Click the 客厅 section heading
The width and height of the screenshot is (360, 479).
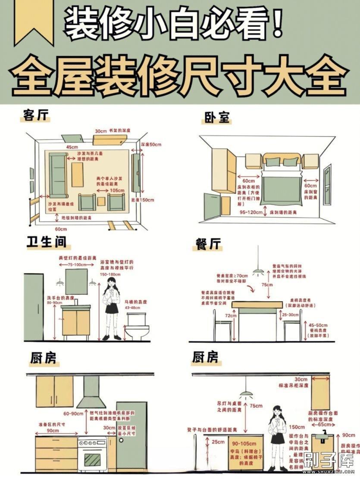(36, 115)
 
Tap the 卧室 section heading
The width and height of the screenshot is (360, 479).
(217, 117)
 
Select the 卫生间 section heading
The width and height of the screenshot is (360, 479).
(47, 242)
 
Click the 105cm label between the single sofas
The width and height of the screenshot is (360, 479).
(105, 190)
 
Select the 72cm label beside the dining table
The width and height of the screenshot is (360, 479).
(230, 316)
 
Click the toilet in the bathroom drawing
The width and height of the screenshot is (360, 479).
(137, 327)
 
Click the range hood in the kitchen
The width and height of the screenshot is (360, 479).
(91, 392)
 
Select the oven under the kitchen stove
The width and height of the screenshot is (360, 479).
(92, 455)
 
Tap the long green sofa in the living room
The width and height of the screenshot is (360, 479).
(57, 174)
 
